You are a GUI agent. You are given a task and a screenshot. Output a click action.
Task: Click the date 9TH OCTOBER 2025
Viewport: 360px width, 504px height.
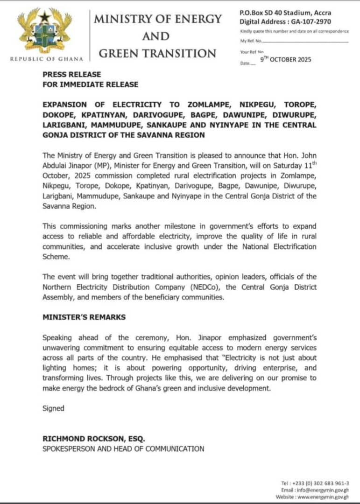[286, 60]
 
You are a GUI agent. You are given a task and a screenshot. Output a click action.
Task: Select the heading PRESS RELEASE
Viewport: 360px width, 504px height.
[71, 74]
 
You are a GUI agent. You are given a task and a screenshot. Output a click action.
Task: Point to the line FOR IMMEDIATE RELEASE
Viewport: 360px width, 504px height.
[90, 84]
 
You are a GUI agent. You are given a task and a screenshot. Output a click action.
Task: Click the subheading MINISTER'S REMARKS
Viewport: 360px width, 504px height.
[84, 317]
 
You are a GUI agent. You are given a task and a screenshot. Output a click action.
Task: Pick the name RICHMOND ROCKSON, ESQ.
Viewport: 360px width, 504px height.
[94, 439]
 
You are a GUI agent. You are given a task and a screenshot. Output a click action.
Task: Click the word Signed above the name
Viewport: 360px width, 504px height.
[53, 408]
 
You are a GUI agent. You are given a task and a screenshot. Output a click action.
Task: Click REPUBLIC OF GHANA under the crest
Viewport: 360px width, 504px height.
[47, 59]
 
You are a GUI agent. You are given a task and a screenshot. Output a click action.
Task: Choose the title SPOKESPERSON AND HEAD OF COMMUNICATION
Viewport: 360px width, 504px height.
[123, 449]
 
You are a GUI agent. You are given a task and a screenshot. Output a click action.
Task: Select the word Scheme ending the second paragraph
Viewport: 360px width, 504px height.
[56, 256]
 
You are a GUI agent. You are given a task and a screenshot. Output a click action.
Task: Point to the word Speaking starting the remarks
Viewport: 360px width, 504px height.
[58, 337]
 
